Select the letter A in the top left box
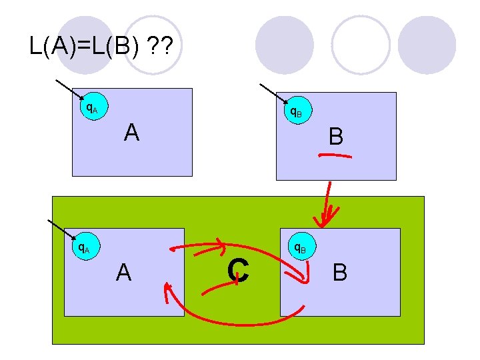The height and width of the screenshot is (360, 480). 131,133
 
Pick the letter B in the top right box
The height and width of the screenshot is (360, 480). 336,137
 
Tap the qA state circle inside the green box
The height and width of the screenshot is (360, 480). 83,249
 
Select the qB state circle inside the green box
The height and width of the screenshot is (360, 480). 299,249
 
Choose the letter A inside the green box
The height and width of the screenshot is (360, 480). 123,272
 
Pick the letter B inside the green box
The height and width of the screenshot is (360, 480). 340,272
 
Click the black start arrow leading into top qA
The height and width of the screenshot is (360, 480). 67,89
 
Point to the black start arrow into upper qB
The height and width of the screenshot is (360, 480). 272,93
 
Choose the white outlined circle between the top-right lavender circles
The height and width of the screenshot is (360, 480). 361,44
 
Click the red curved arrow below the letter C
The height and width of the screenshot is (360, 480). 233,324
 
